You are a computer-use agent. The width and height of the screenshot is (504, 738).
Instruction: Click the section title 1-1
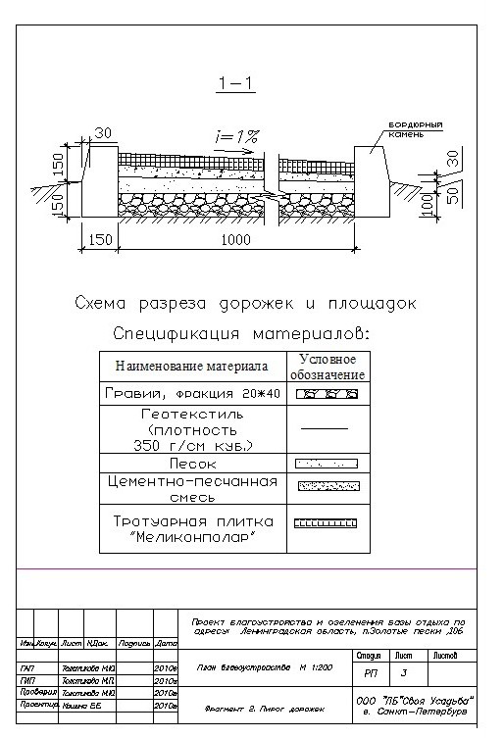click(236, 84)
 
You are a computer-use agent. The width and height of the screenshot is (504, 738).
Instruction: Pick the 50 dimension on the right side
click(453, 191)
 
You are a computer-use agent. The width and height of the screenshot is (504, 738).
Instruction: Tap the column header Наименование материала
click(191, 367)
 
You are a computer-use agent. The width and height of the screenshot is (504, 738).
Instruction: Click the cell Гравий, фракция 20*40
click(191, 394)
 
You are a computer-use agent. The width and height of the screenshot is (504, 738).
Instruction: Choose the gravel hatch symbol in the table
click(327, 394)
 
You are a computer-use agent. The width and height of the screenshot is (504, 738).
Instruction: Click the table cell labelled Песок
click(191, 463)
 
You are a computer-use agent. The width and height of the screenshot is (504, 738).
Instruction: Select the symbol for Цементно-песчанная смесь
click(327, 484)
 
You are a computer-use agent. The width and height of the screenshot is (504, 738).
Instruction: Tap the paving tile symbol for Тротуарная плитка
click(327, 522)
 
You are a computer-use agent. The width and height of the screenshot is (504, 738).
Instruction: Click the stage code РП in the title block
click(370, 673)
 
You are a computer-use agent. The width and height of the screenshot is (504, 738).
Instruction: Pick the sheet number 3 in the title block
click(403, 673)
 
